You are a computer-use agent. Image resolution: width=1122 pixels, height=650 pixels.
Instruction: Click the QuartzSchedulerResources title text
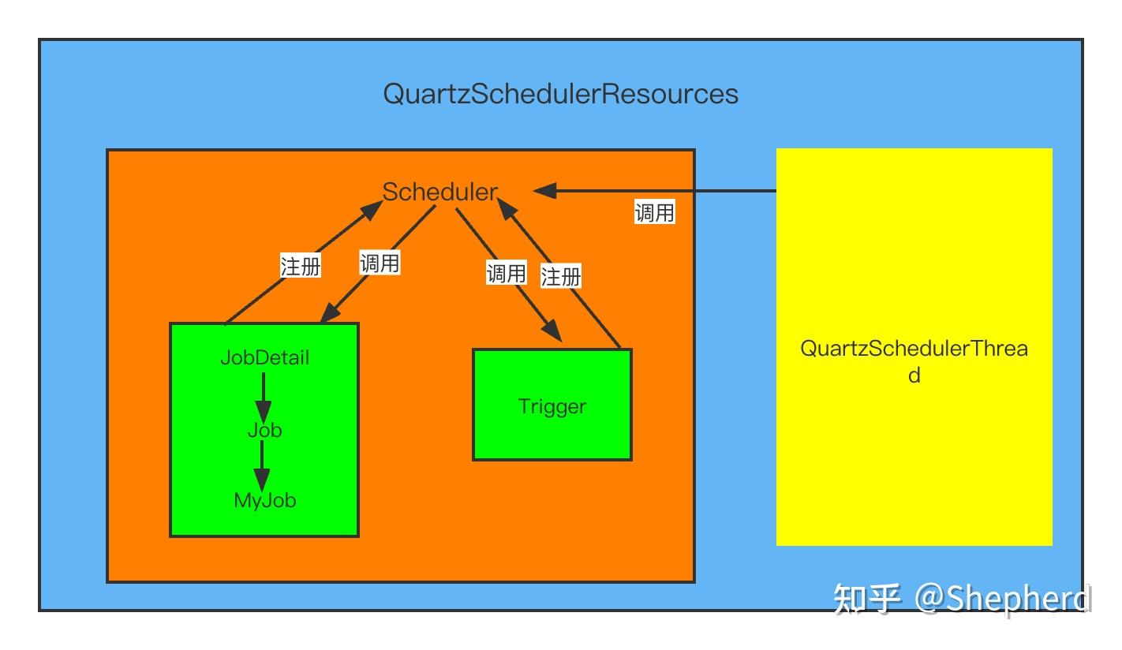[560, 94]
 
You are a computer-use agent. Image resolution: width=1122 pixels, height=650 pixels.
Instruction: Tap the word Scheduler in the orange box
[440, 192]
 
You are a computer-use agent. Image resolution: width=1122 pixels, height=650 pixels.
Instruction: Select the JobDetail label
[264, 357]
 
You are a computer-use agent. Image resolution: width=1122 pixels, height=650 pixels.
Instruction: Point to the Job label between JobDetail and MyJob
[264, 431]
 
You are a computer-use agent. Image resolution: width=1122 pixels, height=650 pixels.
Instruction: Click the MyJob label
[264, 500]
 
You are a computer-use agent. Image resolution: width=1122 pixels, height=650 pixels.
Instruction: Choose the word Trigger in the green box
[552, 407]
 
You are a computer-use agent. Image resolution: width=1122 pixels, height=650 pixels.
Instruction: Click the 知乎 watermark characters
[868, 599]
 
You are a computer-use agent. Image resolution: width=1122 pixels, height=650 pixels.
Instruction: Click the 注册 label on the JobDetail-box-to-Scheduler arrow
[301, 266]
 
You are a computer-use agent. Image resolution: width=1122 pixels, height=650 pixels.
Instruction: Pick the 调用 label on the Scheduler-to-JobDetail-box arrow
[380, 263]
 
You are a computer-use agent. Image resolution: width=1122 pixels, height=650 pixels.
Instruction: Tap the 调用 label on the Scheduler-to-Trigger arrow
[506, 274]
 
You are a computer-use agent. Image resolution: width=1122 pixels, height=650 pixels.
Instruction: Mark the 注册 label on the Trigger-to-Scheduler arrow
[561, 276]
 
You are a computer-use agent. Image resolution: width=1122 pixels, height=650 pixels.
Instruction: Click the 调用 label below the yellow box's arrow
[654, 212]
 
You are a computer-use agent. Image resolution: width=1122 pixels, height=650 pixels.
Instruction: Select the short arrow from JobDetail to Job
[263, 398]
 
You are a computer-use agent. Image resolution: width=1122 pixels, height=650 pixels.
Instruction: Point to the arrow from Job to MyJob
[262, 466]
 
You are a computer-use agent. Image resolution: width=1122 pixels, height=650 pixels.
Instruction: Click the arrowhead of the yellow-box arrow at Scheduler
[545, 191]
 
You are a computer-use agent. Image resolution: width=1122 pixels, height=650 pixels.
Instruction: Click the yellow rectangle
[914, 473]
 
